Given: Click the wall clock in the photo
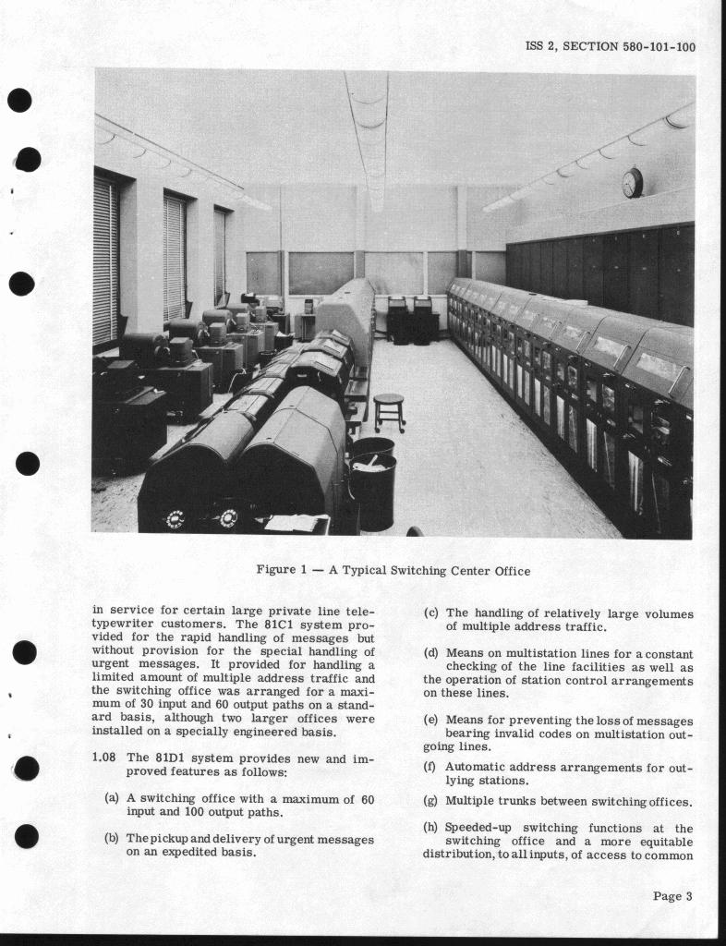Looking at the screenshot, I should (x=632, y=182).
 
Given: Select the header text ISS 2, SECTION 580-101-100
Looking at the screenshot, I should (x=611, y=47).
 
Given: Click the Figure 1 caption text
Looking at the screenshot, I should (x=393, y=571).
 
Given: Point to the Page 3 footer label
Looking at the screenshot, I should (x=672, y=895).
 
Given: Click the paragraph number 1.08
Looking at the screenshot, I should (x=104, y=758).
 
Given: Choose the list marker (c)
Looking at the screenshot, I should (x=430, y=613).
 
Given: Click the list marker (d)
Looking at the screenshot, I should (x=430, y=654).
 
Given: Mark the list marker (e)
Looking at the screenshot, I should (x=430, y=720).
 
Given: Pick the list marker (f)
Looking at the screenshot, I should (x=430, y=767).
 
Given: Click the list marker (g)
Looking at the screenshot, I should (x=430, y=801).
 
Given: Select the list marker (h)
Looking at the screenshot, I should (x=430, y=828).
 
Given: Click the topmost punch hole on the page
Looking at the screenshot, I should (x=19, y=100).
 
